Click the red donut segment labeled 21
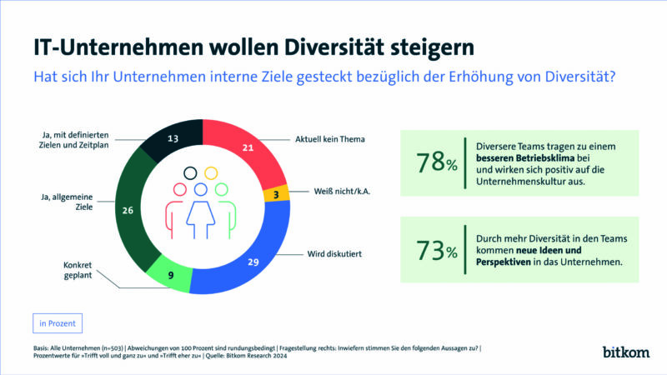pos(248,148)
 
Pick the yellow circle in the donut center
pos(211,172)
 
